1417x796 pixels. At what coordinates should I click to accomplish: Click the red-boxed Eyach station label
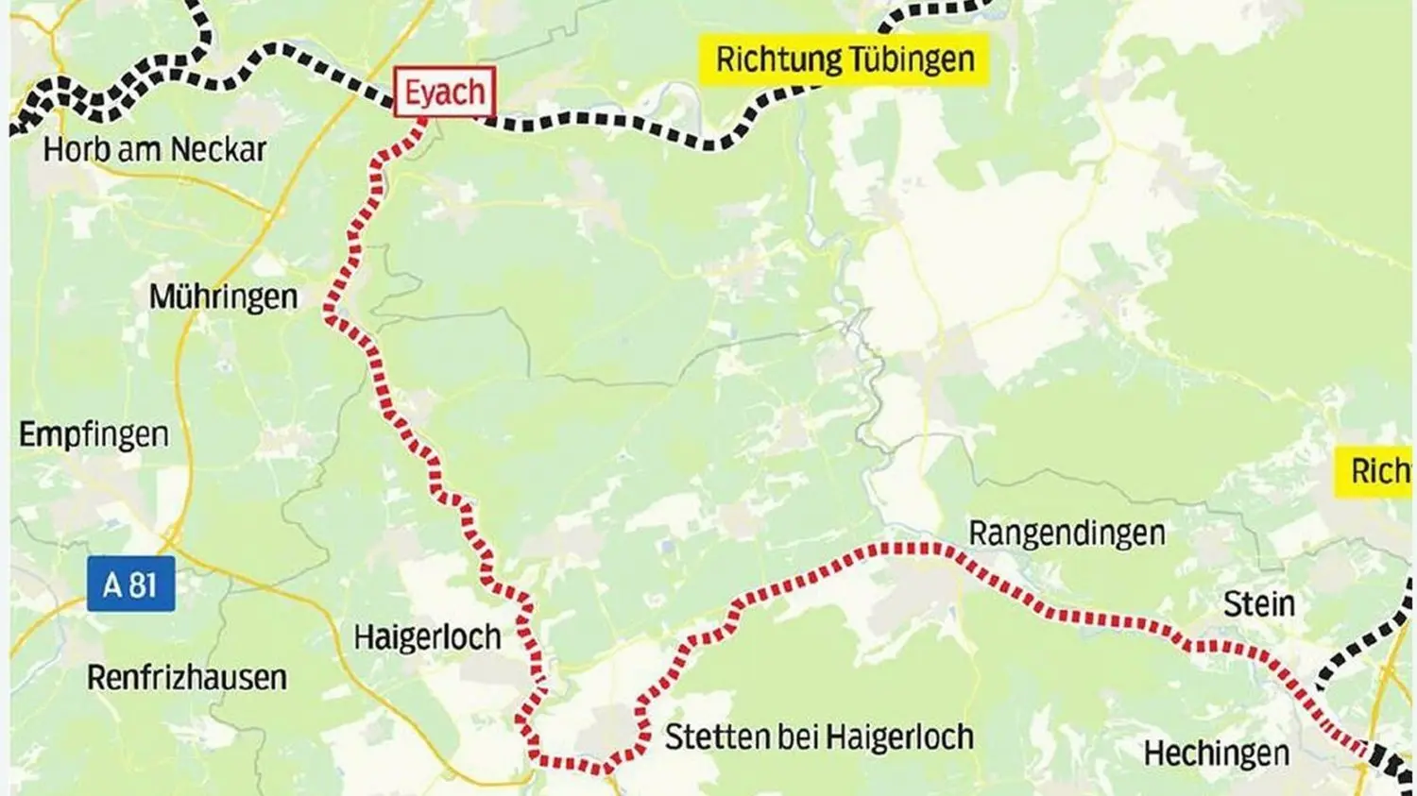click(444, 93)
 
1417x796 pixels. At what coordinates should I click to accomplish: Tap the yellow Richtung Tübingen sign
click(844, 59)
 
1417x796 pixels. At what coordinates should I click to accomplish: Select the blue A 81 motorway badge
click(131, 584)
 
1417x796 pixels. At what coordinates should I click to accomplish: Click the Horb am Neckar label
click(155, 149)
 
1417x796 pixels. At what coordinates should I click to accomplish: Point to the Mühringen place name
click(223, 296)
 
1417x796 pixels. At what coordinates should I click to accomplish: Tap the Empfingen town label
click(94, 434)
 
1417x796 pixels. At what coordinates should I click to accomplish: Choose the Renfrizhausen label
click(187, 677)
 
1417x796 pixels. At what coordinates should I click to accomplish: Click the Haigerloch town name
click(427, 637)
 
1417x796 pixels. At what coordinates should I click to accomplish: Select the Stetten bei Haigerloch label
click(819, 737)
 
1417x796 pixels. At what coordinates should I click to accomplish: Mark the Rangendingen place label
click(1067, 533)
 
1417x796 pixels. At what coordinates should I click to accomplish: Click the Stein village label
click(1258, 603)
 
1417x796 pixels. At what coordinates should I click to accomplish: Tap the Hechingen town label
click(1216, 754)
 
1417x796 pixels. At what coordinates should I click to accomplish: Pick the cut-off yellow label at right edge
click(1375, 471)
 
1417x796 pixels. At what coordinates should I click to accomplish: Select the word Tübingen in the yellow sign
click(911, 59)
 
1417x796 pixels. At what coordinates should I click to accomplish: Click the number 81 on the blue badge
click(143, 584)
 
